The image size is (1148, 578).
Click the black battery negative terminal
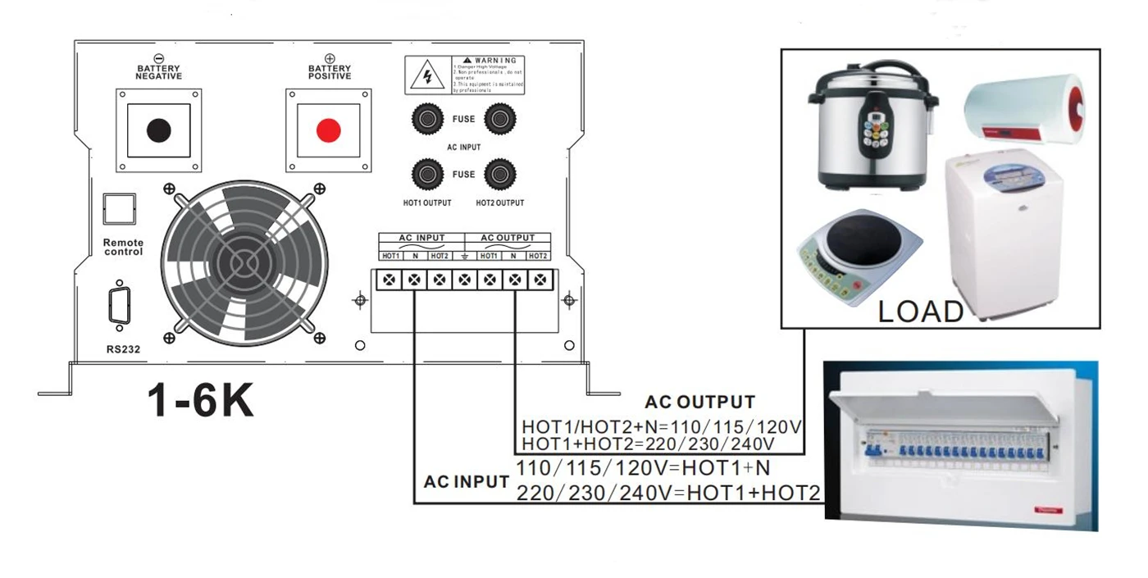click(158, 130)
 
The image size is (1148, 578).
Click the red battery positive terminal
click(328, 130)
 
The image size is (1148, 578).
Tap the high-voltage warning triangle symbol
click(427, 75)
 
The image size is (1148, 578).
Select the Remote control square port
click(119, 208)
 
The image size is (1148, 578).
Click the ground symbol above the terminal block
click(465, 256)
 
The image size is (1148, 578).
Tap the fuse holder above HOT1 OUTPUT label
click(426, 174)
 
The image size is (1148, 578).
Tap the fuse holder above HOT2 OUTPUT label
click(499, 174)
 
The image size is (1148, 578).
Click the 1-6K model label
click(201, 401)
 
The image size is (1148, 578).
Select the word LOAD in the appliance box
click(921, 312)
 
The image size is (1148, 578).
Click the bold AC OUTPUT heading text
click(699, 403)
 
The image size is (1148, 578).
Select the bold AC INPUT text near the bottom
click(466, 482)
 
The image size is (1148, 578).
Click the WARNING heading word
click(494, 61)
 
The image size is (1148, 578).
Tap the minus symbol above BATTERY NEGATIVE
click(158, 59)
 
